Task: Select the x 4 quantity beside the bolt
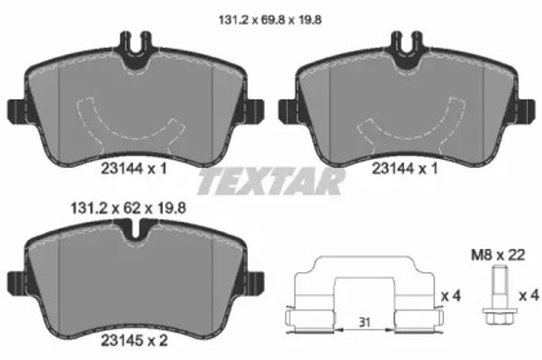tap(528, 296)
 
